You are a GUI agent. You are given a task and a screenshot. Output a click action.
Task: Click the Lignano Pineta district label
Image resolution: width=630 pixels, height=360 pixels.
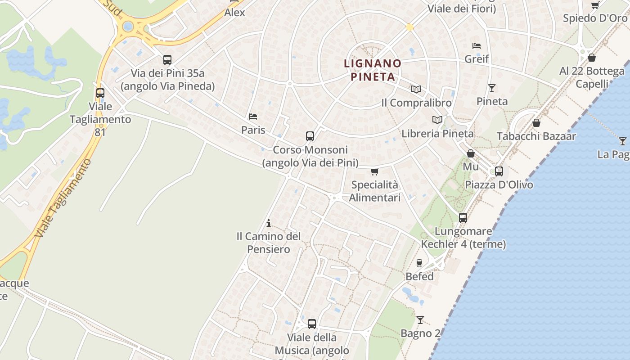point(372,70)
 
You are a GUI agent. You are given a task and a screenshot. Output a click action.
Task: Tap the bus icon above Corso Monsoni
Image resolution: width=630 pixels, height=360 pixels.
point(310,136)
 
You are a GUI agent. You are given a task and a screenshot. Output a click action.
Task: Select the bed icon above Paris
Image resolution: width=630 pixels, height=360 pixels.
point(253,117)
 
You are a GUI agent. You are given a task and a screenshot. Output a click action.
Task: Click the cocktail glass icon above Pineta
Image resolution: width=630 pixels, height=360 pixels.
point(492,88)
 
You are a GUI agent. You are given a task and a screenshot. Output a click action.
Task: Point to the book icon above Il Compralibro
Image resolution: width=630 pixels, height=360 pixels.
point(416,89)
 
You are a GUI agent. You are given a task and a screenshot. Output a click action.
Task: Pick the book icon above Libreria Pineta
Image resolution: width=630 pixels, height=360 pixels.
point(437,120)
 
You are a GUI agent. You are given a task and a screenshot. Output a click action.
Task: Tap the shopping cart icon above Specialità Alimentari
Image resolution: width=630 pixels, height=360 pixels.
point(374,171)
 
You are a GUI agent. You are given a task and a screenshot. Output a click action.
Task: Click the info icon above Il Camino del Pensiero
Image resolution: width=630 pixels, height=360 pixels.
point(269,223)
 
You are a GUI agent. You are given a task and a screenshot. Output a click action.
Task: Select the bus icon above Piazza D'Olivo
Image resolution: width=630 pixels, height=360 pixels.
point(499,171)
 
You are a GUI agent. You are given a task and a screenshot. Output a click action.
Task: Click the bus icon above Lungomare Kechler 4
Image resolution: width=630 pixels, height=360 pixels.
point(463,218)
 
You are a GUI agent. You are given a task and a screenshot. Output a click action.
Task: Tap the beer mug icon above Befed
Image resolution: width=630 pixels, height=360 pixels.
point(419,263)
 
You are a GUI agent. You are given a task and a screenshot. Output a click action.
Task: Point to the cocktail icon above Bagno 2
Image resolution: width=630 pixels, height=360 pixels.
point(420,320)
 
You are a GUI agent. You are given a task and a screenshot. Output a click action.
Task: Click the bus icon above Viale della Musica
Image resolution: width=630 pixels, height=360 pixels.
point(311,324)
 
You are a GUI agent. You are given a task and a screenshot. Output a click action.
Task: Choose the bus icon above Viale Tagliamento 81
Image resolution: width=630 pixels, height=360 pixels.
point(100,93)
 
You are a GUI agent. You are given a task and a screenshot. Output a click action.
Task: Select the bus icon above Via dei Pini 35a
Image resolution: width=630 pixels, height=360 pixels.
point(167,59)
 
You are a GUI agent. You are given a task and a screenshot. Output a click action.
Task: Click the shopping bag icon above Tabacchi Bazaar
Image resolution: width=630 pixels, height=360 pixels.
point(536,122)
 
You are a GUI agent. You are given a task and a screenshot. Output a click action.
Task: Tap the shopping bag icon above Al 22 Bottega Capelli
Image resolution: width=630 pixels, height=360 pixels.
point(592,58)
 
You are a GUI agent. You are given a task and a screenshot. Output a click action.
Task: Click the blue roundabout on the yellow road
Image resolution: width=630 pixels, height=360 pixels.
point(128,26)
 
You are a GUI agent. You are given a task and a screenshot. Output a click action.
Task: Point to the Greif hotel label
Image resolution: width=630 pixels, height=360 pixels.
point(477,59)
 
